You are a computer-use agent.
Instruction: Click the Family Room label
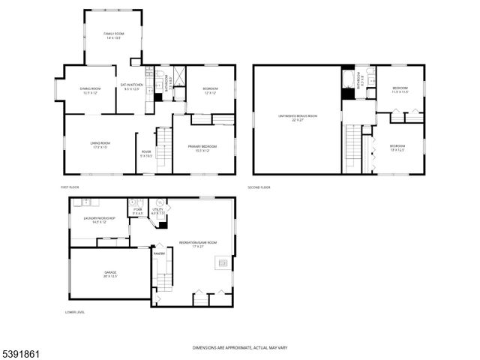click(113, 35)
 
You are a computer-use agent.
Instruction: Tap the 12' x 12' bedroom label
click(209, 90)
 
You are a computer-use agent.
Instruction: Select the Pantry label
click(159, 253)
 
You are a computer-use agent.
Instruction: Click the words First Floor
click(70, 187)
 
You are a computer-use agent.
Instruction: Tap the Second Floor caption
click(259, 187)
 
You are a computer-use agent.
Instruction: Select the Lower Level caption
click(74, 311)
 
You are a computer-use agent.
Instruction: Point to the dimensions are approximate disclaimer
click(239, 347)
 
